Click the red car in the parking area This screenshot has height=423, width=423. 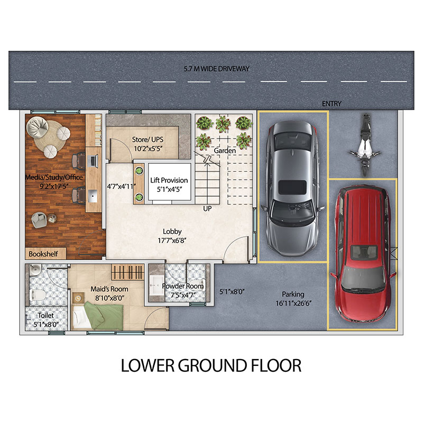click(363, 254)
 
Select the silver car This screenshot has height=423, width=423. click(293, 188)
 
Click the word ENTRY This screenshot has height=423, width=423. click(332, 104)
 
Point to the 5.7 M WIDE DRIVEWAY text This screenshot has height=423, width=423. click(216, 69)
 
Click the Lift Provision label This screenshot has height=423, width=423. click(169, 180)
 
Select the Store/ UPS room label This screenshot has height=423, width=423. click(148, 140)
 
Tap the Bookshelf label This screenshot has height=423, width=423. click(43, 254)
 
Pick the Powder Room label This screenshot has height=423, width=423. click(182, 286)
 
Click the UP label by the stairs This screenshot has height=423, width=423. click(207, 208)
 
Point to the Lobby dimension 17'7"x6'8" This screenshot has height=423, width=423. click(172, 240)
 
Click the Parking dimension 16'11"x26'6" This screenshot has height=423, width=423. click(293, 303)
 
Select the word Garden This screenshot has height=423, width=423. click(225, 151)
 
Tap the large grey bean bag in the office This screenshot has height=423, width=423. click(38, 127)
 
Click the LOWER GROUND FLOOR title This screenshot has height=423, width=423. click(211, 365)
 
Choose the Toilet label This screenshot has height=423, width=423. click(45, 315)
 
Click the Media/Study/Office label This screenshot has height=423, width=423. click(54, 177)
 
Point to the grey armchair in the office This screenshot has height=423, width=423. click(39, 219)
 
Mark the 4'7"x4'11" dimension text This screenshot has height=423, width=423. click(122, 187)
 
